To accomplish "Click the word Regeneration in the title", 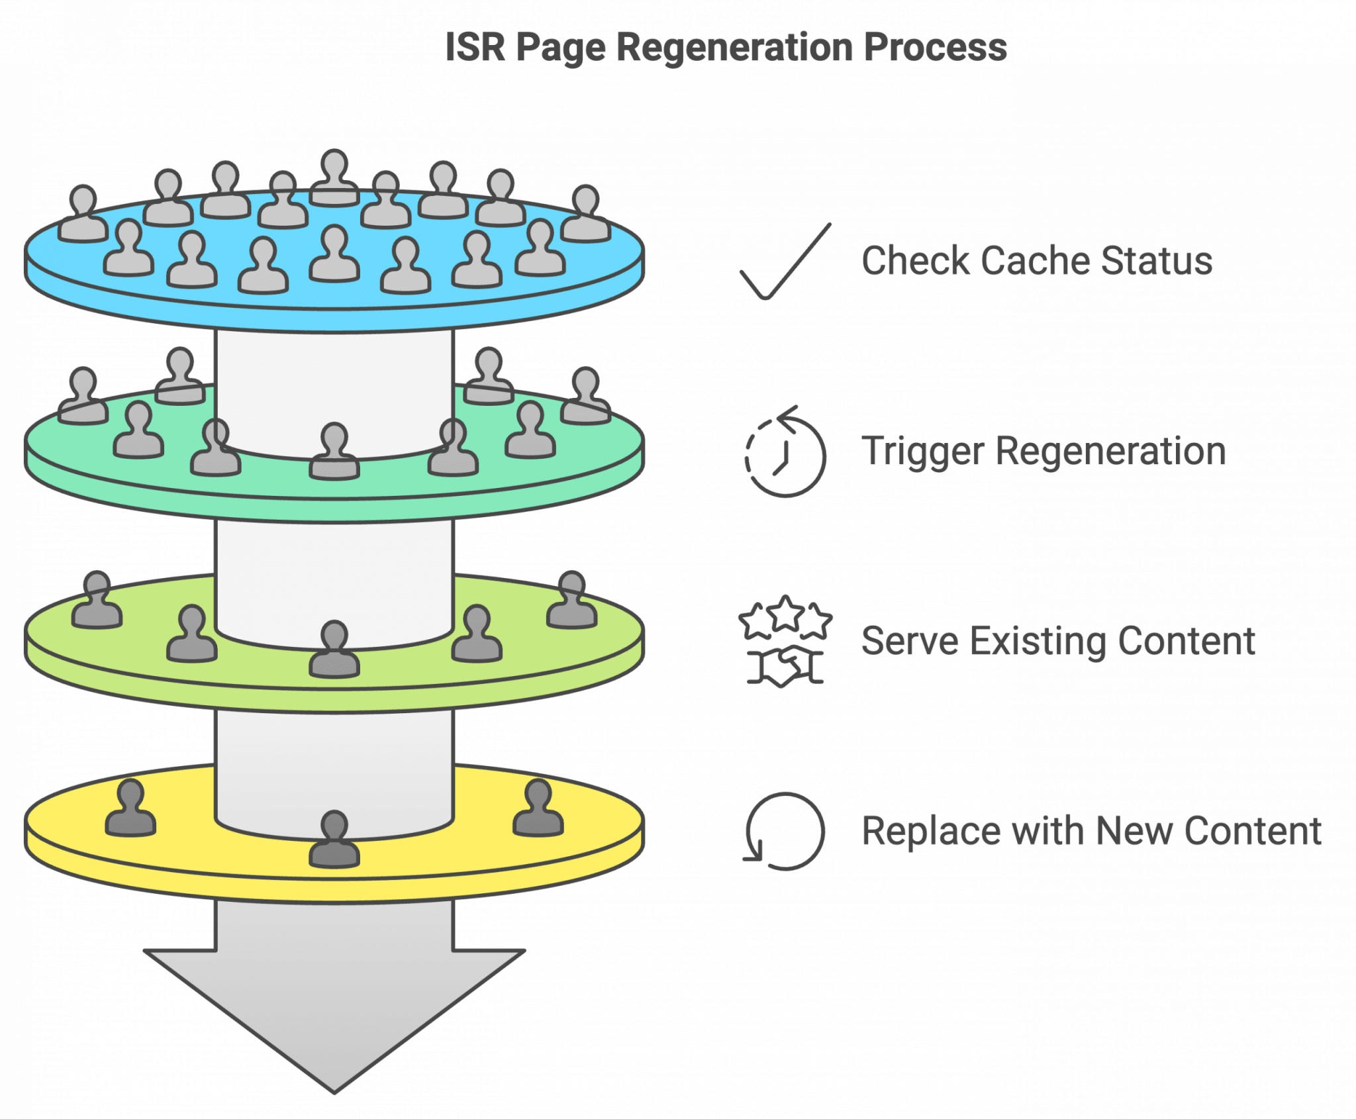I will coord(734,48).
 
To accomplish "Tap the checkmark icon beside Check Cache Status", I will coord(785,262).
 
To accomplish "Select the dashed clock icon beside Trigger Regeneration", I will coord(785,453).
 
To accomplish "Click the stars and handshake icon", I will coord(785,641).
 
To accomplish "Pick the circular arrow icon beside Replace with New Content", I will coord(785,832).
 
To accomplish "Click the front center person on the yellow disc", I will coord(334,841).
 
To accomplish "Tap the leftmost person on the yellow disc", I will coord(130,809).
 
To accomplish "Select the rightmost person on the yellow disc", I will coord(538,809).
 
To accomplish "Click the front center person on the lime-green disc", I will coord(334,651).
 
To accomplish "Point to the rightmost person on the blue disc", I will coord(586,215).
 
